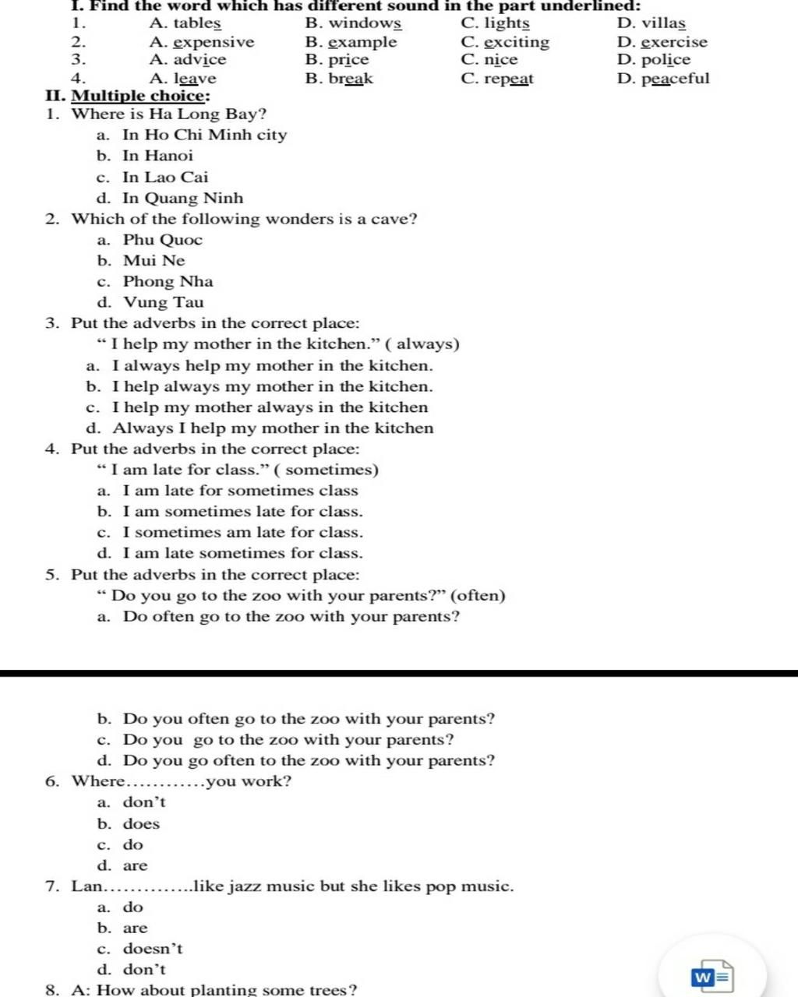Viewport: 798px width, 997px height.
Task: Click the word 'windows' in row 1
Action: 364,24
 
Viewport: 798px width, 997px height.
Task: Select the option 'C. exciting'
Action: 505,42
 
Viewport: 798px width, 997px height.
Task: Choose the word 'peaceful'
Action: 675,79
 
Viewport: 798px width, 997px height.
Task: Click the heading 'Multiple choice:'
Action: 140,96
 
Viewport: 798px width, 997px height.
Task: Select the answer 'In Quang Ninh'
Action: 182,199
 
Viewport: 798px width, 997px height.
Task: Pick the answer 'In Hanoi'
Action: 157,156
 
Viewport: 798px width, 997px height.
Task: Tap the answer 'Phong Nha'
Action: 168,282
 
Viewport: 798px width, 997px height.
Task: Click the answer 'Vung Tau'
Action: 163,303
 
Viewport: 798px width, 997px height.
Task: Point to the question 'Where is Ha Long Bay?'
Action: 169,114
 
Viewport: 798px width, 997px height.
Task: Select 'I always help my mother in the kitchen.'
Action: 272,366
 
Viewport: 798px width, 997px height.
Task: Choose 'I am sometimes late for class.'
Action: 242,512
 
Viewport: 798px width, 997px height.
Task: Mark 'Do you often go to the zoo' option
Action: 309,719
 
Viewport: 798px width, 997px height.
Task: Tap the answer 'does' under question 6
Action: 141,824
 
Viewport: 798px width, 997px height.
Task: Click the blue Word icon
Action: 711,977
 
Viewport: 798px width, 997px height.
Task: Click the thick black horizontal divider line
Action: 399,672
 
